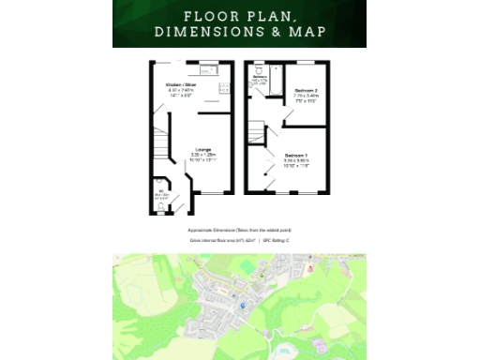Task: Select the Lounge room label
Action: (x=202, y=149)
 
